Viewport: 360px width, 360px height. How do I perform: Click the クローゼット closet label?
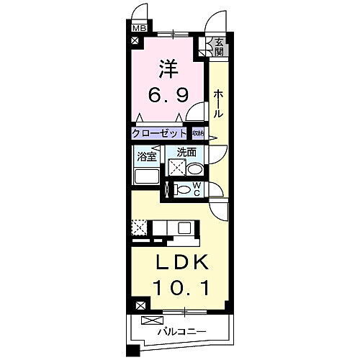159,133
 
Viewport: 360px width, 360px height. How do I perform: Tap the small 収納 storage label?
197,133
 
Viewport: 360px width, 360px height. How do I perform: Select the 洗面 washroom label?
186,153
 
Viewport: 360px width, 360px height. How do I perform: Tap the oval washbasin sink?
196,168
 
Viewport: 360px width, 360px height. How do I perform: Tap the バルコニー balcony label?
183,332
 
